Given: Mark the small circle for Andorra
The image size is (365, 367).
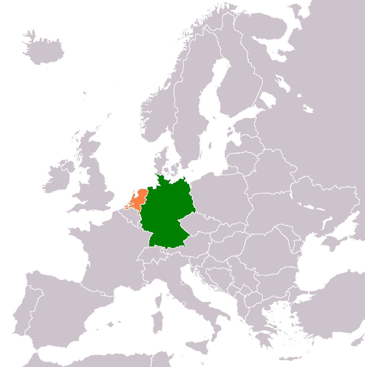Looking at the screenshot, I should pos(102,294).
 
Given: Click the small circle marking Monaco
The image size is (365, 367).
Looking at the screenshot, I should pos(144,285).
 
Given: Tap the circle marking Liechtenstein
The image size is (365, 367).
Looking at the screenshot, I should pos(162,251).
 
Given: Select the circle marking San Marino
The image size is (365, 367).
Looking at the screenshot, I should pos(182,283).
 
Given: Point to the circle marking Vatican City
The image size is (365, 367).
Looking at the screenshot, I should pos(184,303).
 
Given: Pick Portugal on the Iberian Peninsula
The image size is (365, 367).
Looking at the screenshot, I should pos(24,312).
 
